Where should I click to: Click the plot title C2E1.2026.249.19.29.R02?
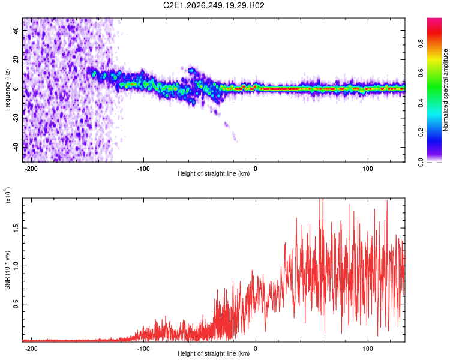tap(214, 5)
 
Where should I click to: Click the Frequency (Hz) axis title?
tap(7, 90)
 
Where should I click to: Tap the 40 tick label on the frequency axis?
tap(16, 31)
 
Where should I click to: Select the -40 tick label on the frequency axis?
tap(16, 147)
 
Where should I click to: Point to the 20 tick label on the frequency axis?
tap(16, 60)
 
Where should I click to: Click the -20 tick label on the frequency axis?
tap(16, 118)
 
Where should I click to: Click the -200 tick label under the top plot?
tap(31, 169)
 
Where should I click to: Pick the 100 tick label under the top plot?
tap(368, 169)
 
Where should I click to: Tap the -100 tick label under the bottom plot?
tap(143, 349)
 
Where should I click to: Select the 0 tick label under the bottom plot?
tap(256, 349)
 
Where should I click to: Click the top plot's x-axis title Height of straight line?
tap(214, 173)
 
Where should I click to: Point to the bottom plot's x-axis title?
tap(214, 353)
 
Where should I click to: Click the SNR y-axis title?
tap(7, 270)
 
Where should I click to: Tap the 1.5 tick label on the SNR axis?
tap(16, 228)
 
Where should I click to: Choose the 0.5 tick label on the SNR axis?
tap(16, 304)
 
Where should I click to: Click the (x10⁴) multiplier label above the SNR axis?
tap(8, 195)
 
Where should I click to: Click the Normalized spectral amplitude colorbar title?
tap(445, 90)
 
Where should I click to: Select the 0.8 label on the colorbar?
tap(421, 44)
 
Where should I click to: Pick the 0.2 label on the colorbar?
tap(421, 133)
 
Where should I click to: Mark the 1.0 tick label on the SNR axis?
tap(16, 266)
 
